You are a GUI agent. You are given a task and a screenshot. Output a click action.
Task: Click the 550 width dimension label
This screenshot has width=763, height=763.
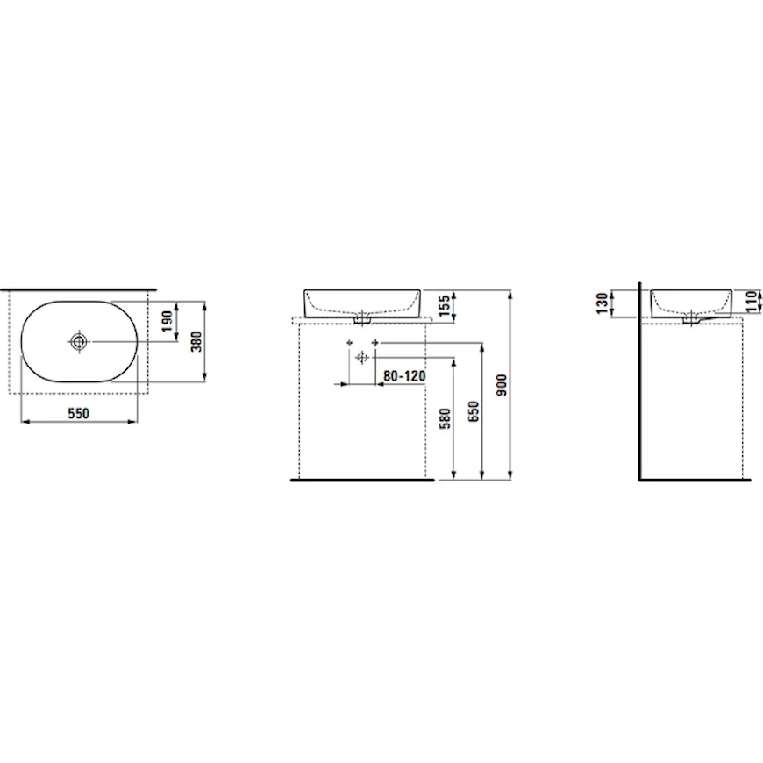(x=78, y=413)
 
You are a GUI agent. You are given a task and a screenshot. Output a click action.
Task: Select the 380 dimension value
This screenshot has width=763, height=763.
(x=196, y=342)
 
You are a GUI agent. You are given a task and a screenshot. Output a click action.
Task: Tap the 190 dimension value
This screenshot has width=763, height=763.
(x=168, y=322)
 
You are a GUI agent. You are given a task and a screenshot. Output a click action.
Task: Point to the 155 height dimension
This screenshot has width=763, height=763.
(x=445, y=305)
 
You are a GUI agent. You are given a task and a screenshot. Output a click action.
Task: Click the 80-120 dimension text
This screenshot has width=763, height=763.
(x=404, y=376)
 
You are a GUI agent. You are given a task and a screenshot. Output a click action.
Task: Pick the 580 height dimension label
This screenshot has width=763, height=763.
(x=446, y=418)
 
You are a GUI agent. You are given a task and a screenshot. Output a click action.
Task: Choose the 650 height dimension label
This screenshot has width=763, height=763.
(x=474, y=411)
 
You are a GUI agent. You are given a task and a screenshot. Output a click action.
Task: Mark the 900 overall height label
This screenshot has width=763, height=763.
(x=502, y=384)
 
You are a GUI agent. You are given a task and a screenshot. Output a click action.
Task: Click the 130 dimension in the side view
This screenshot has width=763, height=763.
(x=603, y=303)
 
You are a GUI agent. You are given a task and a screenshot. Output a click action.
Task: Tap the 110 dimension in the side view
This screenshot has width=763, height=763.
(x=752, y=301)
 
